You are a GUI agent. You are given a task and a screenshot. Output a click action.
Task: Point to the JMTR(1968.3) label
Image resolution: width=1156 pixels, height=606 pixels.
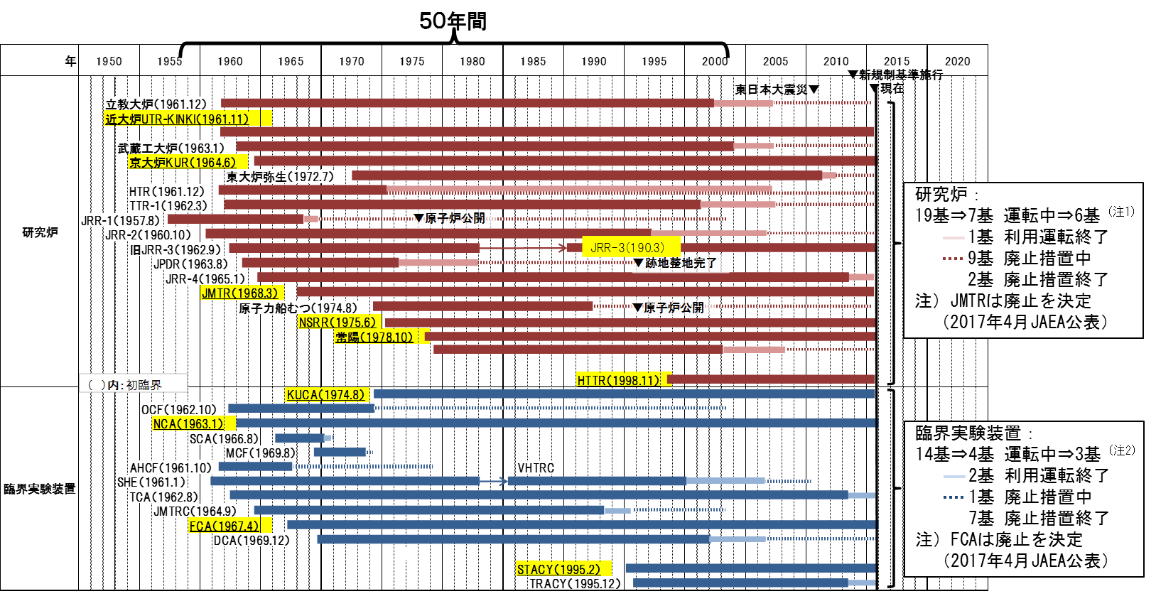click(x=242, y=293)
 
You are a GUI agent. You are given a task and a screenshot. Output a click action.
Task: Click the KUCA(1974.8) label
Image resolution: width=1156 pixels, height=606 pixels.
click(x=327, y=394)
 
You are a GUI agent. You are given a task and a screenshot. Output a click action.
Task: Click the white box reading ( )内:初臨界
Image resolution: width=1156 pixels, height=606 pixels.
click(x=133, y=384)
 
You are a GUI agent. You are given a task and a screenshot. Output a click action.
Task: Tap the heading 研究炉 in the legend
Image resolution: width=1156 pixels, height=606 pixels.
click(x=941, y=194)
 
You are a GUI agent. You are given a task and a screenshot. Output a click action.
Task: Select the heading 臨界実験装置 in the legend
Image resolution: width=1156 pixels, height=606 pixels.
click(x=968, y=433)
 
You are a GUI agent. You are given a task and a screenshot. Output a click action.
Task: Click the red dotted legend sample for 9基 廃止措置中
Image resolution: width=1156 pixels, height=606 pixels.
click(x=952, y=259)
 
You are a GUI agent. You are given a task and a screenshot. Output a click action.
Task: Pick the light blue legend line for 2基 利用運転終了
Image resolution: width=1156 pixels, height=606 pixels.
click(x=953, y=476)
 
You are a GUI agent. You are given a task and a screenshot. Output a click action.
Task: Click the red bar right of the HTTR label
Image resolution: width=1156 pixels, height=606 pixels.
click(x=772, y=379)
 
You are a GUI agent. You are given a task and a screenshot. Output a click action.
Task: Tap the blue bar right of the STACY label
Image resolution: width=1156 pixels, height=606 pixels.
click(x=750, y=568)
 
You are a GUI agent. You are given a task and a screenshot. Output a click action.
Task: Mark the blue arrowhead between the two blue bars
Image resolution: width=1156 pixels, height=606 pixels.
click(x=503, y=481)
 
